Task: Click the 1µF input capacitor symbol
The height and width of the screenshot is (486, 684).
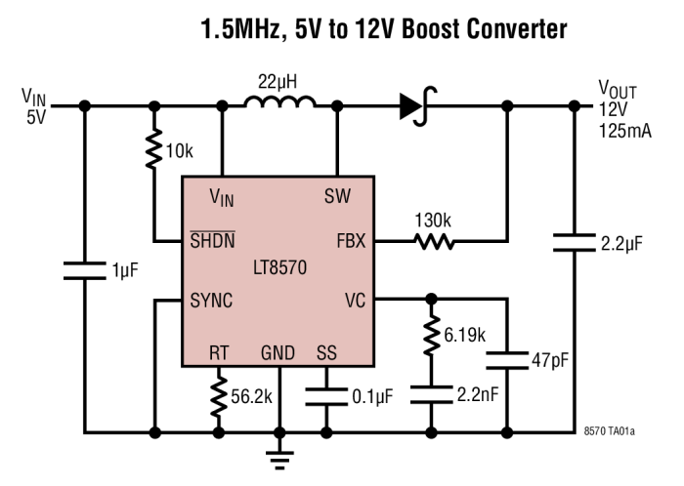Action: click(x=85, y=268)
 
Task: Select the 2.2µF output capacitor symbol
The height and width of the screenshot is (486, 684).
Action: click(x=573, y=241)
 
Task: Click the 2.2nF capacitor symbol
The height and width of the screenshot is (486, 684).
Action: click(x=430, y=392)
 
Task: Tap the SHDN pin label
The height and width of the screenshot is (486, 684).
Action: click(x=213, y=240)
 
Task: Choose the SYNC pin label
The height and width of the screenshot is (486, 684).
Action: click(x=212, y=301)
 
